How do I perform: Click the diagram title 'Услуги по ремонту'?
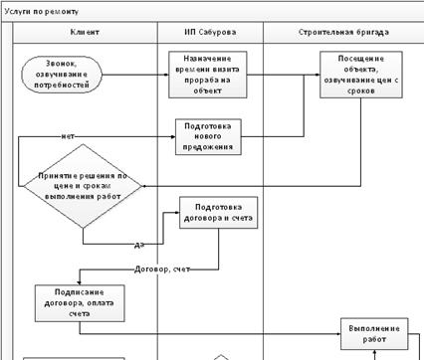[x=39, y=9]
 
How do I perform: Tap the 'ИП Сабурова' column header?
[x=210, y=33]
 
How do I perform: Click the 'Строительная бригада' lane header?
[x=342, y=33]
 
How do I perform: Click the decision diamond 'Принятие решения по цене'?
[x=83, y=185]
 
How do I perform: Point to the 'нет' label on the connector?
[x=68, y=136]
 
